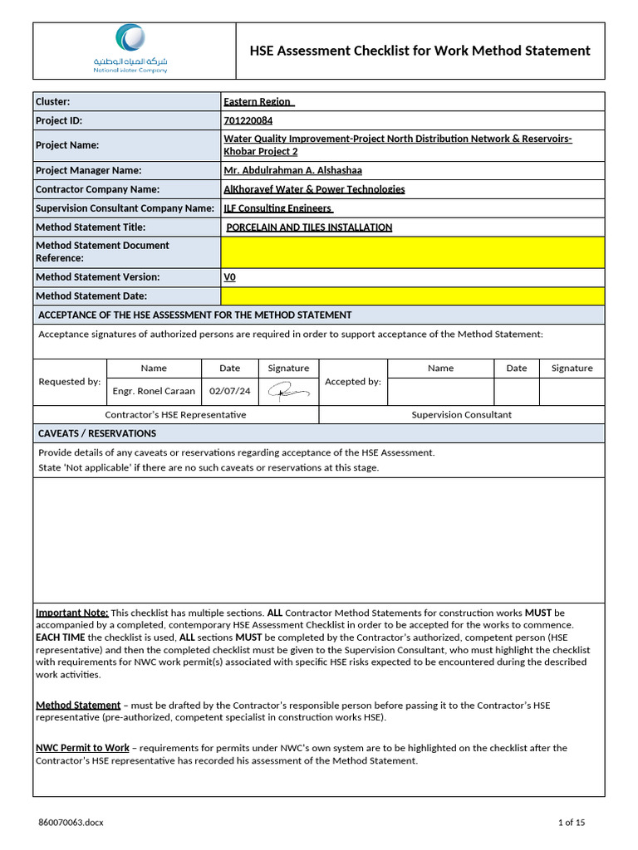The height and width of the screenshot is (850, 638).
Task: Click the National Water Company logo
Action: [x=130, y=49]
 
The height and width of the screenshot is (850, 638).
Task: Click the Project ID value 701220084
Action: [x=248, y=120]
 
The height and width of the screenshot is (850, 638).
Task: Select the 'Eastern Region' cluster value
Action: [x=258, y=101]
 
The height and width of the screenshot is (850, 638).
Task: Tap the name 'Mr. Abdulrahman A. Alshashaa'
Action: [x=292, y=170]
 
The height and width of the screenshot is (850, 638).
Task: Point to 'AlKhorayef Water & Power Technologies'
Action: [x=314, y=189]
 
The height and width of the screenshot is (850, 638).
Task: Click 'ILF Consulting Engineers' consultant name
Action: [x=277, y=208]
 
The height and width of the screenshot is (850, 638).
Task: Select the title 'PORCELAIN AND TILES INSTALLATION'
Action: [x=309, y=227]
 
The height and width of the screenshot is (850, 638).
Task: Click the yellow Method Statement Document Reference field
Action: [x=412, y=252]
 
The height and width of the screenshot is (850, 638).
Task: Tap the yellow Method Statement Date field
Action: [x=412, y=296]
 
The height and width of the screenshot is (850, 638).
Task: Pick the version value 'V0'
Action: [x=229, y=277]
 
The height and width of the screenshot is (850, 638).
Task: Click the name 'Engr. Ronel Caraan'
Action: [x=154, y=390]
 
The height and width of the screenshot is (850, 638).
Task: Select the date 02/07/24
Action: [x=229, y=390]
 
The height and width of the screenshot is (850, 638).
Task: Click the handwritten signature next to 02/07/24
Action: [x=287, y=391]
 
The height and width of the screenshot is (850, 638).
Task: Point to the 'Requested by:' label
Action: [x=70, y=382]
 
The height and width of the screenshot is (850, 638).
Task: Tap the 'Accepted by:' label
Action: [x=352, y=382]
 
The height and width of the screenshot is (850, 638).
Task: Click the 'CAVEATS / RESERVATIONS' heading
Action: [x=97, y=433]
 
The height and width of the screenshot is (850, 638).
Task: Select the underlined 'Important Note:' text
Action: [x=72, y=613]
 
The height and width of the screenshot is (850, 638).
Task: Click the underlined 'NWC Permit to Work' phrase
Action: [x=82, y=748]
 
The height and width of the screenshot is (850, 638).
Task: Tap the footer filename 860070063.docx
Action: [x=71, y=823]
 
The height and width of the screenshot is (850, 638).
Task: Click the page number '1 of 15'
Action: [x=571, y=823]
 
